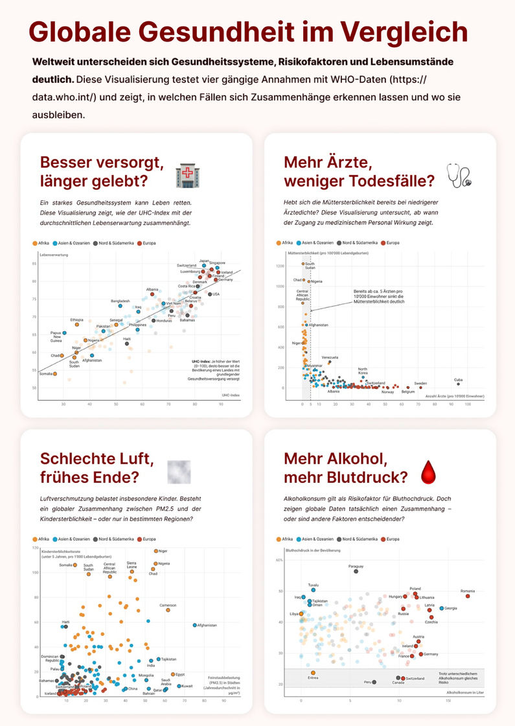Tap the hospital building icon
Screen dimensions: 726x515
coord(188,176)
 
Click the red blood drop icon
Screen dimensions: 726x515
coord(428,472)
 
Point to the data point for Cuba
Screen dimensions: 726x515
coord(458,384)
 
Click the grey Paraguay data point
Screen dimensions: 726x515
coord(356,571)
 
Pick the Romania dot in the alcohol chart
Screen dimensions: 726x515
coord(468,596)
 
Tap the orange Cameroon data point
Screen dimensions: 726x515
coord(168,610)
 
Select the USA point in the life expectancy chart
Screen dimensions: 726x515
coord(209,294)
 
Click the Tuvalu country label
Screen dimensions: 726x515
coord(314,584)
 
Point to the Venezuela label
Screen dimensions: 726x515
coord(330,357)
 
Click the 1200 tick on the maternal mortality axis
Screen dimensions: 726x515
coord(280,266)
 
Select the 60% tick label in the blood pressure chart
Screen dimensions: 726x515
coord(280,559)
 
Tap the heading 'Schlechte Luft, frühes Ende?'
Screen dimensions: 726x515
coord(97,468)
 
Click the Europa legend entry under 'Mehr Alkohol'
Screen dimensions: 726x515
coord(393,539)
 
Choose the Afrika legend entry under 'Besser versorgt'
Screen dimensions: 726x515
coord(41,242)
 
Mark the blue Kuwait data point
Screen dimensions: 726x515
coord(177,686)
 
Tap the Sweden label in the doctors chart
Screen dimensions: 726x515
coord(420,384)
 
